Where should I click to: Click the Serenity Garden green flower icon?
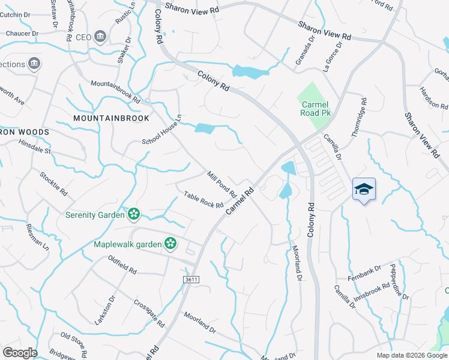(x=133, y=214)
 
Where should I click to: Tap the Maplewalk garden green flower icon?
(x=170, y=244)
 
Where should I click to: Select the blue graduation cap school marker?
(x=364, y=190)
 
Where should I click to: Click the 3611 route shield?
(x=191, y=280)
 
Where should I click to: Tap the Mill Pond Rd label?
(x=221, y=184)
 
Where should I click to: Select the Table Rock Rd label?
(x=203, y=200)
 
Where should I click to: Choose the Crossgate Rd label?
(x=149, y=313)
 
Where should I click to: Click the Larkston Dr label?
(x=105, y=310)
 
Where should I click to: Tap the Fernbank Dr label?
(x=364, y=273)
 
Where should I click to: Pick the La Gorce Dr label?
(x=335, y=56)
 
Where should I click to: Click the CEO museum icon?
(x=100, y=37)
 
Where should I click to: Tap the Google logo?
(x=20, y=352)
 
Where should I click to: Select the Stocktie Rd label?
(x=53, y=184)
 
